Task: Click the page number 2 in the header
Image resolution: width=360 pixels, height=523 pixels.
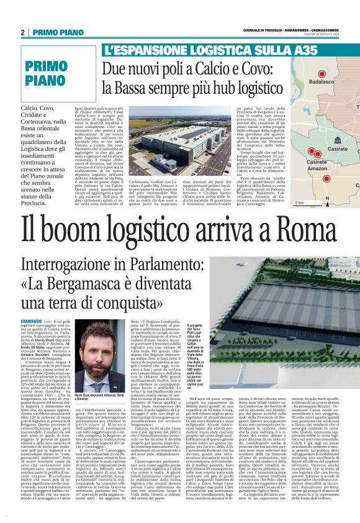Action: pos(22,32)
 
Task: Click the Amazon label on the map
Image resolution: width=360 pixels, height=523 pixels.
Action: pos(318,168)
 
